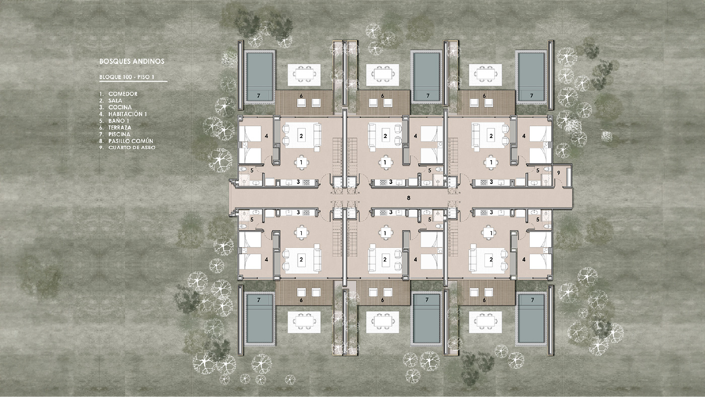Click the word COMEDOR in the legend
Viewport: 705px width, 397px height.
click(123, 94)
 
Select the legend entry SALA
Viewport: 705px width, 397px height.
click(115, 101)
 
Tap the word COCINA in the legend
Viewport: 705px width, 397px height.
click(120, 107)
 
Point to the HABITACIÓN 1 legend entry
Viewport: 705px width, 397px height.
click(127, 114)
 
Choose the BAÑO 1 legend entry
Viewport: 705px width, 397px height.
click(119, 121)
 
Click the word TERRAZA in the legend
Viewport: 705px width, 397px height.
click(120, 127)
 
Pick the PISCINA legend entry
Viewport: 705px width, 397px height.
click(119, 135)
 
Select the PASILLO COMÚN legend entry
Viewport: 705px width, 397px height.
click(130, 141)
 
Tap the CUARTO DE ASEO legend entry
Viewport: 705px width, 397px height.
click(132, 147)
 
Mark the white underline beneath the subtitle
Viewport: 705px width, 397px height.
click(133, 81)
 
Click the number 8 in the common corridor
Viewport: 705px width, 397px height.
click(408, 198)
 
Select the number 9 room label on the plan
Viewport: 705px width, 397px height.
click(558, 173)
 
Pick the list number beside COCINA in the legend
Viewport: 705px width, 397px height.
click(101, 107)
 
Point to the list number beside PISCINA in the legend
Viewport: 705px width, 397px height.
click(101, 135)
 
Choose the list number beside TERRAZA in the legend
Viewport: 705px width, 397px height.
click(101, 127)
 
